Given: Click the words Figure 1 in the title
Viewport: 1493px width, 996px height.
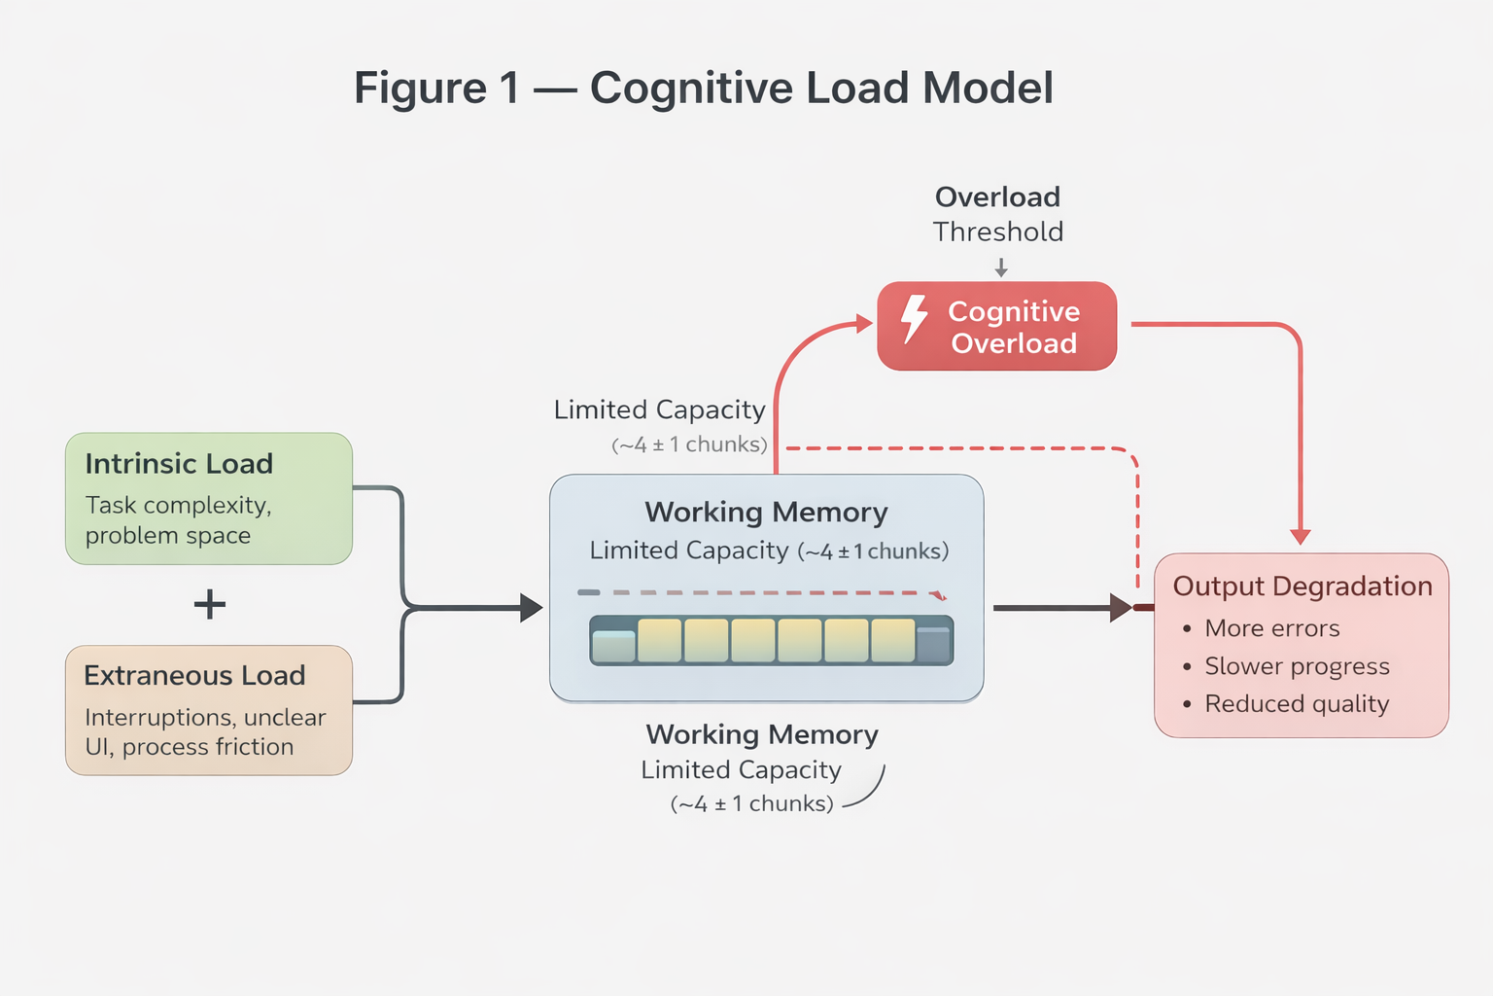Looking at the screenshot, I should [436, 89].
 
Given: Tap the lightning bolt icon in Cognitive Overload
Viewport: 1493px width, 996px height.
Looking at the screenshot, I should [914, 319].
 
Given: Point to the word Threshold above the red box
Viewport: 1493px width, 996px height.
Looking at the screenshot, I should [998, 232].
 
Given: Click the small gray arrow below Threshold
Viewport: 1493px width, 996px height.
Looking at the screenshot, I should [1001, 267].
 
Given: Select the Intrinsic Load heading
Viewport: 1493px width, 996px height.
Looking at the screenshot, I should [179, 464].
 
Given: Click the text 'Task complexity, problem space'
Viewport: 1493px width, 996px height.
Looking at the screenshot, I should [178, 520].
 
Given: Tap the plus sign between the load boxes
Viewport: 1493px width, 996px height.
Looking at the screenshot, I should [210, 605].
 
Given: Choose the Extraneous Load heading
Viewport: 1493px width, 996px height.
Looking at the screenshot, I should [194, 676].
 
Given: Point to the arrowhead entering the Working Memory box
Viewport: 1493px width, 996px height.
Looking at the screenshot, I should [531, 608].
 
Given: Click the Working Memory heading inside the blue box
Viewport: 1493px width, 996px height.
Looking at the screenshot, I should [766, 513].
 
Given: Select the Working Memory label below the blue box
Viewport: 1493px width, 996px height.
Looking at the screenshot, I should [762, 734].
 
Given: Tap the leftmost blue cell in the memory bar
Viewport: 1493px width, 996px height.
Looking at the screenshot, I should [613, 646].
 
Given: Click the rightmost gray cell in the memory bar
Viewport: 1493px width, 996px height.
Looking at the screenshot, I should [933, 644].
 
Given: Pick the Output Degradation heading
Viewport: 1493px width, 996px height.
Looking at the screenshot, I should [1302, 587].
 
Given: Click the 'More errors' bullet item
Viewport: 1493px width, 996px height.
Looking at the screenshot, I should [1271, 629].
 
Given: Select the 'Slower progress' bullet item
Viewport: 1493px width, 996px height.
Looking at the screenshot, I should [1297, 666].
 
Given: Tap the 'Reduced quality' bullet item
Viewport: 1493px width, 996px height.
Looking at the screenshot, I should [1297, 704].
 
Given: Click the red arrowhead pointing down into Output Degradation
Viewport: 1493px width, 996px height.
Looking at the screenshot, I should [1301, 536].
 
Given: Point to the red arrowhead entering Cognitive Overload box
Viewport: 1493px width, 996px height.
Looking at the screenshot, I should [863, 324].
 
